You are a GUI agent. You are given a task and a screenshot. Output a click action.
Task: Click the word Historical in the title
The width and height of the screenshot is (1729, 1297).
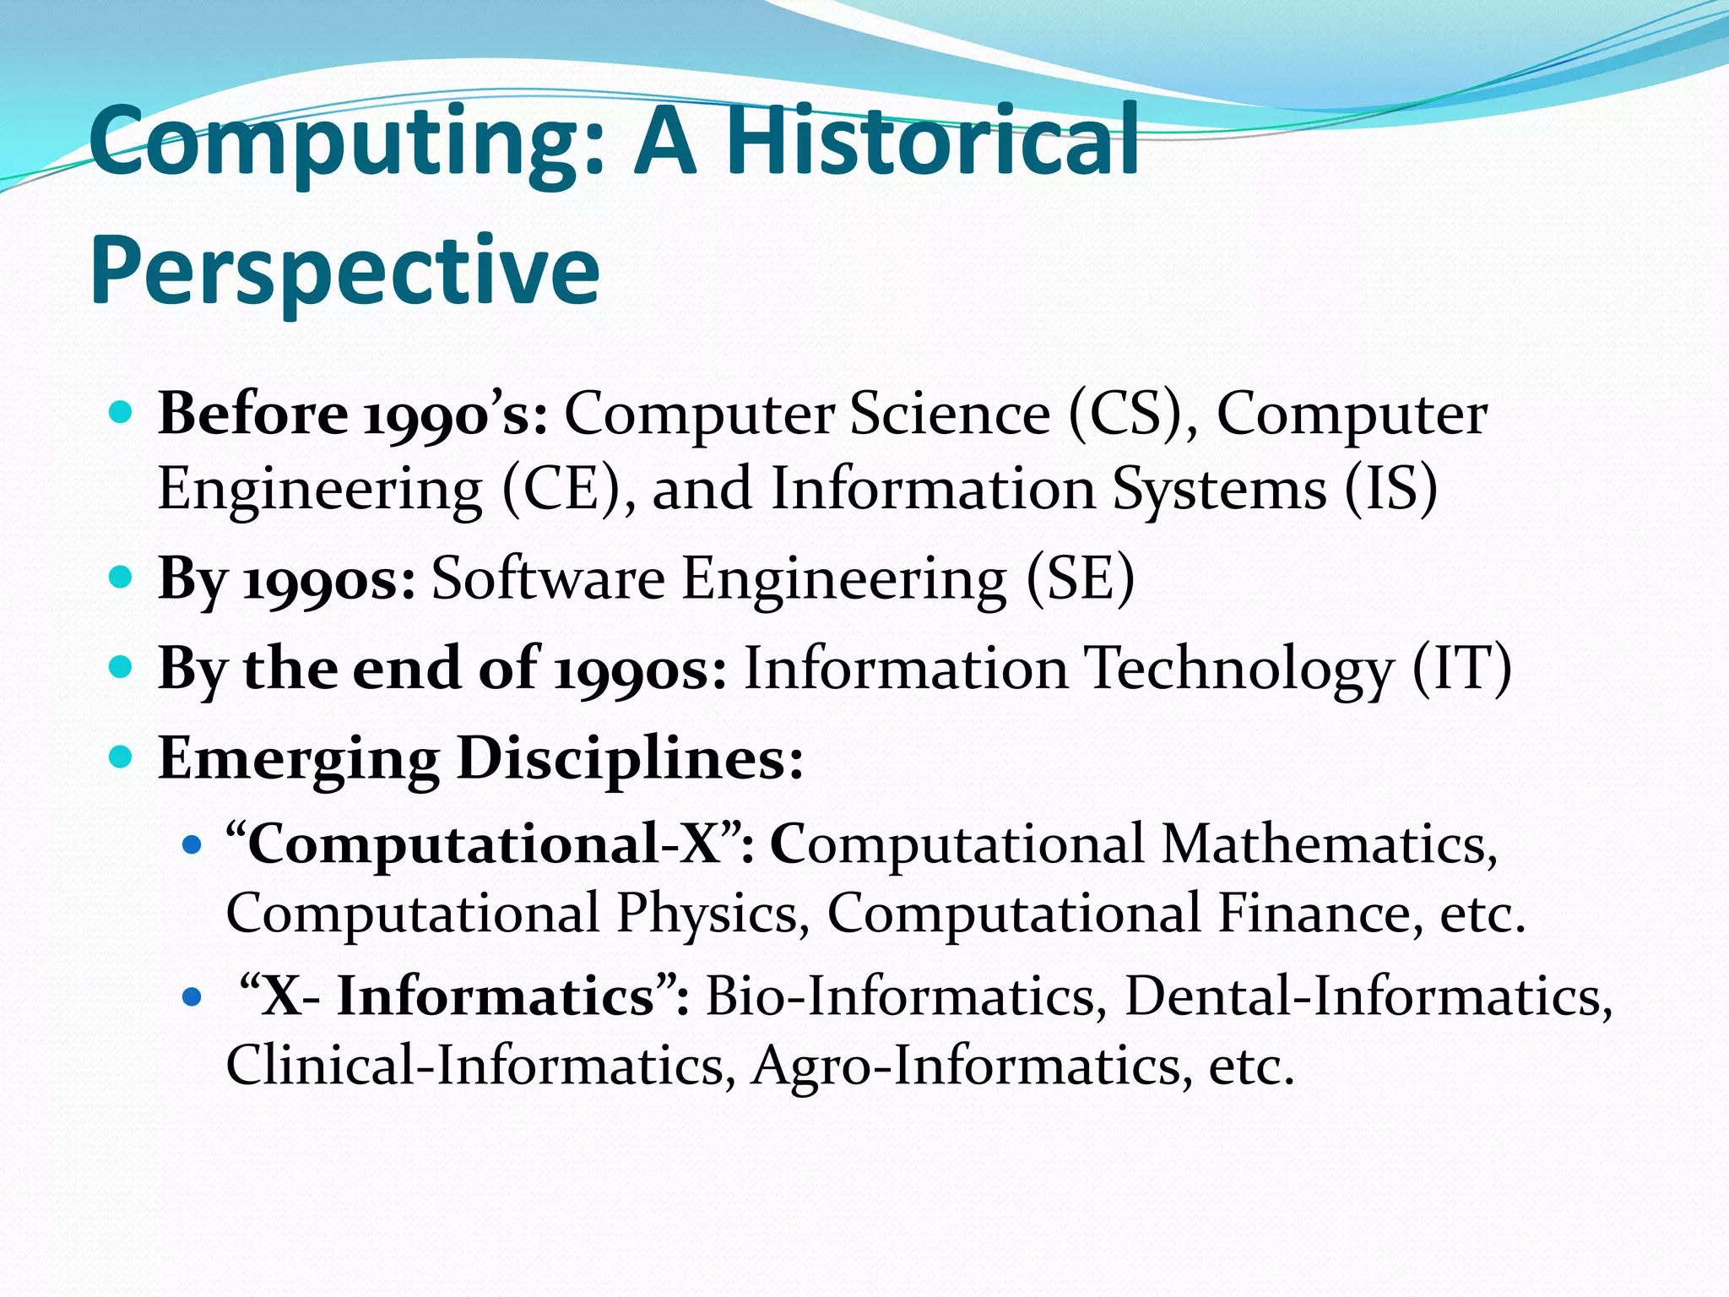933,141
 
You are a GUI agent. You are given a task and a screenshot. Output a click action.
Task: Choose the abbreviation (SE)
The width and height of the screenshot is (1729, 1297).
1080,579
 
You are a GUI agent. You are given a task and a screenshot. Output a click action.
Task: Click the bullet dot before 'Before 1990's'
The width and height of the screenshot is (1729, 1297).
122,413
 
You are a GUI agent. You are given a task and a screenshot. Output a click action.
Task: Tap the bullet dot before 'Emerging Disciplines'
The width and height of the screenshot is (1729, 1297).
122,756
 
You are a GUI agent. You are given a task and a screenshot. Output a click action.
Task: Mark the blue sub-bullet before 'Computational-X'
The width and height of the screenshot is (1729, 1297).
192,844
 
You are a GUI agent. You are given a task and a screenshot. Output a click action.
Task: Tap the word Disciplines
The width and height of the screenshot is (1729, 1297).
630,757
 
